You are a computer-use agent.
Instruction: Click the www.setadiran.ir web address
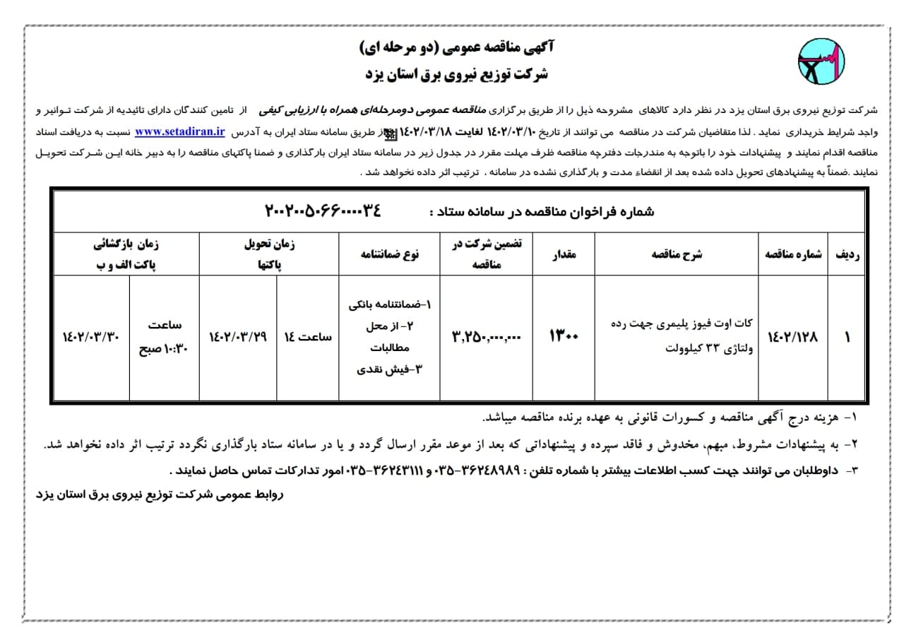(x=179, y=131)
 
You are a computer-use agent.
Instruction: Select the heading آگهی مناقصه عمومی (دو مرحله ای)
(x=457, y=47)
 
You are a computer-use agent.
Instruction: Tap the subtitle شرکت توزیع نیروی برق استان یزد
(x=457, y=73)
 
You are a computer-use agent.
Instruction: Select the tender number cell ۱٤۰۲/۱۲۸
(x=792, y=338)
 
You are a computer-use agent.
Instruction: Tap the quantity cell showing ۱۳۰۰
(x=563, y=338)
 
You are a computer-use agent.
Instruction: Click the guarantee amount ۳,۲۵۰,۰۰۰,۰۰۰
(x=486, y=338)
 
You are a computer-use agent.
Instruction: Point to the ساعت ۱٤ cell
(x=307, y=338)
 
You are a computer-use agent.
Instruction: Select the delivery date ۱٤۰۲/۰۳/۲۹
(x=238, y=338)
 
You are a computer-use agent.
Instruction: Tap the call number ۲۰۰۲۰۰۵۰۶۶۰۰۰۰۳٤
(x=322, y=211)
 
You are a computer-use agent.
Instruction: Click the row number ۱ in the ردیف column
(x=847, y=338)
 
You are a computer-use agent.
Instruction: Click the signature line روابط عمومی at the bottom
(x=159, y=494)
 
